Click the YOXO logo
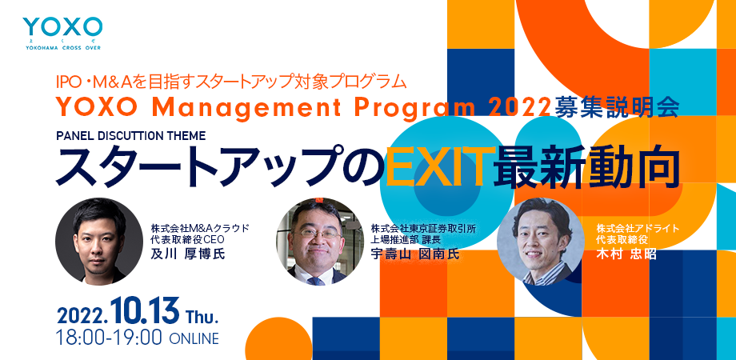[x=62, y=33]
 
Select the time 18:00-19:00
[x=110, y=338]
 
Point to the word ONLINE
[x=193, y=338]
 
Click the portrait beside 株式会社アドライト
[x=541, y=242]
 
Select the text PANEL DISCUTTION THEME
[x=131, y=136]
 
